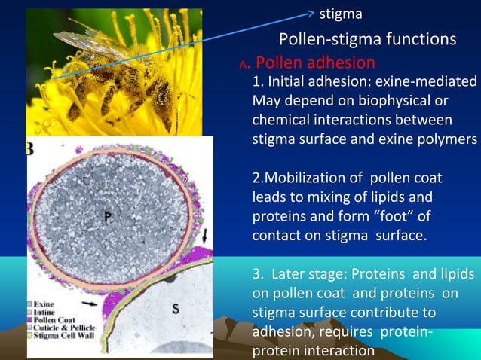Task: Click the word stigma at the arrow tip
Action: tap(341, 14)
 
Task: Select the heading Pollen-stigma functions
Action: tap(367, 39)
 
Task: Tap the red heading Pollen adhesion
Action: tap(315, 63)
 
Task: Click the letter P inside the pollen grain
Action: tap(109, 216)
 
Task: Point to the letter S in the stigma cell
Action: tap(175, 308)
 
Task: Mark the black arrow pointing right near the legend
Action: tap(90, 304)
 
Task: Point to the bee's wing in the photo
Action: tap(83, 41)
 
